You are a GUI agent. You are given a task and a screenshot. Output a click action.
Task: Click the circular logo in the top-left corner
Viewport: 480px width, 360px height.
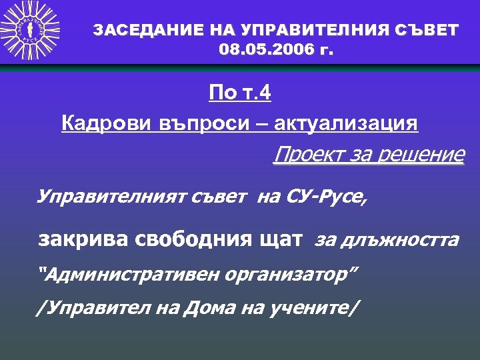tap(30, 30)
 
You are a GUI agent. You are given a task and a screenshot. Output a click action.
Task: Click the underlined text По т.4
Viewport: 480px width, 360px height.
tap(240, 93)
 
